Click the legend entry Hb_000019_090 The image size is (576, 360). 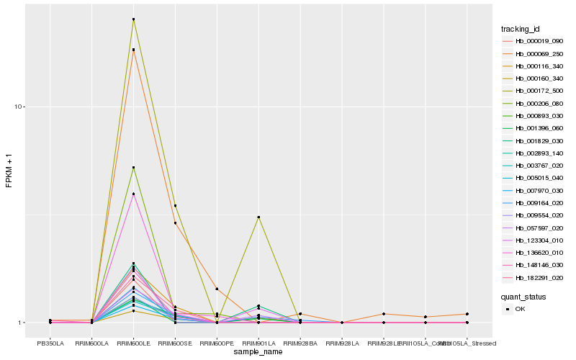coord(534,42)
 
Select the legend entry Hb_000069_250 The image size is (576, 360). coord(534,54)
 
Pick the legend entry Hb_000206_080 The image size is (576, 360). coord(534,104)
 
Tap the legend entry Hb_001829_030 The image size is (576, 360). coord(534,141)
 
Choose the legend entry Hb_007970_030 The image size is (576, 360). coord(534,190)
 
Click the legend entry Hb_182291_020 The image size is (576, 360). coord(534,277)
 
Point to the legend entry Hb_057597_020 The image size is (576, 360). coord(534,228)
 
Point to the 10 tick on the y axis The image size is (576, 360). coord(20,107)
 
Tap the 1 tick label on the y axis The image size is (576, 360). coord(22,323)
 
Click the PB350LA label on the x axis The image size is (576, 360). coord(50,343)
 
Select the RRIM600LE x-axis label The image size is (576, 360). coord(133,343)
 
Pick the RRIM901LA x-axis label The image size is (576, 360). coord(258,343)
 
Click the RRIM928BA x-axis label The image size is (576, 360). coord(300,343)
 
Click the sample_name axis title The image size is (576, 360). coord(258,352)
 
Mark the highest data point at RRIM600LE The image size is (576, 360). coord(133,19)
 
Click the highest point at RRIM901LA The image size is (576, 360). coord(258,217)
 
